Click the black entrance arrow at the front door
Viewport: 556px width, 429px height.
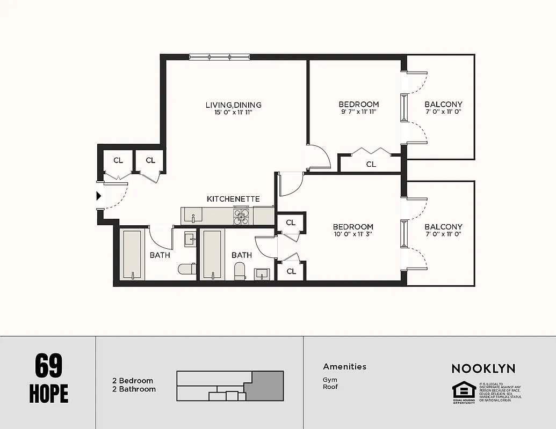pyautogui.click(x=98, y=196)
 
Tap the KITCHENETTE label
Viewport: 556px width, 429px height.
pyautogui.click(x=233, y=199)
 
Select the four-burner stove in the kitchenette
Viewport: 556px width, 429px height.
pyautogui.click(x=241, y=216)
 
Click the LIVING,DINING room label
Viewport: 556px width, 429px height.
pyautogui.click(x=233, y=105)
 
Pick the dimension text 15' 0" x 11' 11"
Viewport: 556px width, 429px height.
pyautogui.click(x=233, y=113)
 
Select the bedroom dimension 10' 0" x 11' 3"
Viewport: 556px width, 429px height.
pyautogui.click(x=352, y=234)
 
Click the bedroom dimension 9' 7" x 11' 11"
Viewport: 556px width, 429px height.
pyautogui.click(x=358, y=112)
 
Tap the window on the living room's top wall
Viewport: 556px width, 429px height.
pyautogui.click(x=219, y=57)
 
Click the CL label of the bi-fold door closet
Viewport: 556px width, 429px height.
pyautogui.click(x=371, y=165)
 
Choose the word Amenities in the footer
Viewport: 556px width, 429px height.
pyautogui.click(x=344, y=367)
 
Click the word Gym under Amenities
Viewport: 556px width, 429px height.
pyautogui.click(x=329, y=380)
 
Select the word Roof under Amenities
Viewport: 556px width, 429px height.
pyautogui.click(x=330, y=387)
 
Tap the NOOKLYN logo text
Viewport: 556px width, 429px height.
pyautogui.click(x=483, y=368)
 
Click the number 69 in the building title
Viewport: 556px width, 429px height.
pyautogui.click(x=49, y=366)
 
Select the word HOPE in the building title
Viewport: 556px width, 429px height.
pyautogui.click(x=49, y=393)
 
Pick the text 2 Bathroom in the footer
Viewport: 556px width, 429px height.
pyautogui.click(x=134, y=389)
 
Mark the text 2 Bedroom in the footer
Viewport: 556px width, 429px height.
pyautogui.click(x=132, y=381)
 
